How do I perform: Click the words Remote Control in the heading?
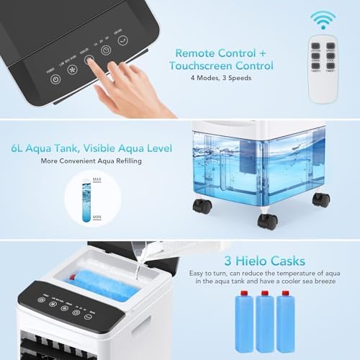pos(214,52)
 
